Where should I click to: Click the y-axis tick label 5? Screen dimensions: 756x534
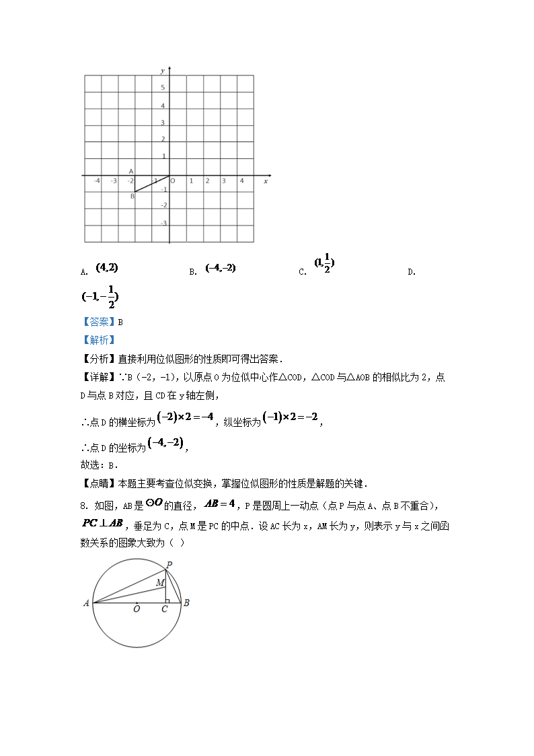coord(163,88)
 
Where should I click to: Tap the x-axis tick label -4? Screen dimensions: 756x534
coord(97,181)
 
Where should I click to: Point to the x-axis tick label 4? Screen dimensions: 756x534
coord(241,181)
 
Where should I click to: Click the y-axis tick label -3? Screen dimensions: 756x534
coord(163,223)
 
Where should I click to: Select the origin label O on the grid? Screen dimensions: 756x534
coord(173,181)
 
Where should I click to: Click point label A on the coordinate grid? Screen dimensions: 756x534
coord(131,172)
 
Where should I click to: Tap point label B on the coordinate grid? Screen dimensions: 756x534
coord(132,197)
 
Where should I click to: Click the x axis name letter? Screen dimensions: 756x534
coord(266,181)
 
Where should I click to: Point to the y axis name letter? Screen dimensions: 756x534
coord(163,70)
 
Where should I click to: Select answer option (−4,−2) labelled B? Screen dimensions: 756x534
coord(221,268)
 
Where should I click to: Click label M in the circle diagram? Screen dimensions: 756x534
coord(160,582)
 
